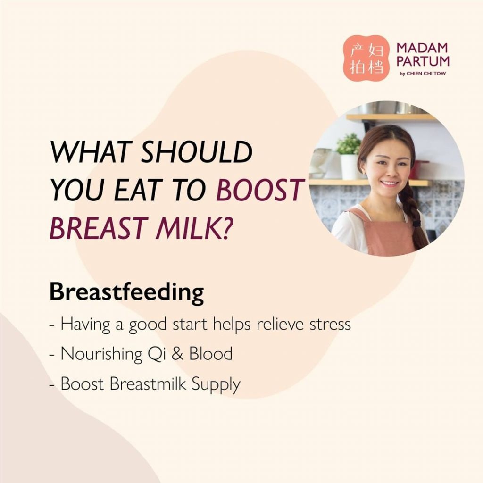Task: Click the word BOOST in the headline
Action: point(260,190)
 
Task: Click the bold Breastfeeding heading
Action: point(126,292)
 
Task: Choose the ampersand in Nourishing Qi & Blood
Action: point(177,354)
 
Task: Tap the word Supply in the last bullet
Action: point(216,385)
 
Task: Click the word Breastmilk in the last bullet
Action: point(148,384)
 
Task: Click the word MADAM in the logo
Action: point(422,48)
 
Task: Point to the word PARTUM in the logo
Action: point(423,61)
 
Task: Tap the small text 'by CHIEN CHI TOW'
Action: point(423,74)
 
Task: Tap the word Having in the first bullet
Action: point(85,325)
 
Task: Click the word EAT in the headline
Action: point(138,190)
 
